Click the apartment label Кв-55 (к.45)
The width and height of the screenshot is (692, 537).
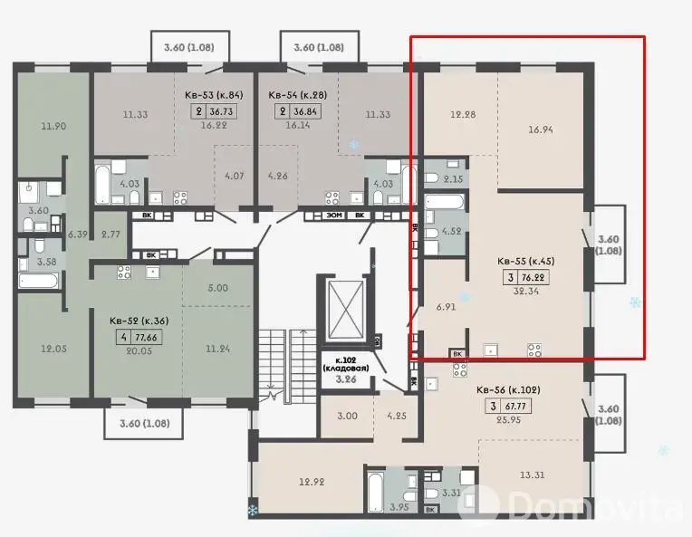[525, 261]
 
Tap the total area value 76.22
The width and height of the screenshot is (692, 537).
[533, 277]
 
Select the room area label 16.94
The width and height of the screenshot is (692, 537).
[541, 129]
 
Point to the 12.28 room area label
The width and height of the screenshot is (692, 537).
[463, 115]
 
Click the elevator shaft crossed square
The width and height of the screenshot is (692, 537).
[345, 308]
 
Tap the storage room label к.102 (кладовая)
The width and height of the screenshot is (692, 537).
[346, 364]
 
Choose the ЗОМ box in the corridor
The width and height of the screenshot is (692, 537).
[334, 216]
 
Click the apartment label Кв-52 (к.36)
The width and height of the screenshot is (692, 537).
[139, 321]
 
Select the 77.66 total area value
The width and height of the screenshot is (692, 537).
[146, 338]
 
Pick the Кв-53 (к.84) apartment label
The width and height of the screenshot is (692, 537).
[214, 95]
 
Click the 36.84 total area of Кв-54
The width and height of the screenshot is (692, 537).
[305, 111]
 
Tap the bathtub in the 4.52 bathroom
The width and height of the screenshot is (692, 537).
[445, 203]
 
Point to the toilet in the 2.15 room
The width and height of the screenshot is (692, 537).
[432, 177]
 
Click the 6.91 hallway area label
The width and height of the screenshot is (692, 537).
[446, 307]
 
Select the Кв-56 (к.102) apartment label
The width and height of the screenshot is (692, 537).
[508, 390]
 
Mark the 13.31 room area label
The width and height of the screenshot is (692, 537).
[532, 475]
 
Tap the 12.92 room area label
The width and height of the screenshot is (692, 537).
[312, 483]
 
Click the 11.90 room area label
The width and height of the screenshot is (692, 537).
[53, 126]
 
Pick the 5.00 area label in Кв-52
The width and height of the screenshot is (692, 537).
[218, 288]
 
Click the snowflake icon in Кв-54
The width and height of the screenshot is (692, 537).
[354, 144]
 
